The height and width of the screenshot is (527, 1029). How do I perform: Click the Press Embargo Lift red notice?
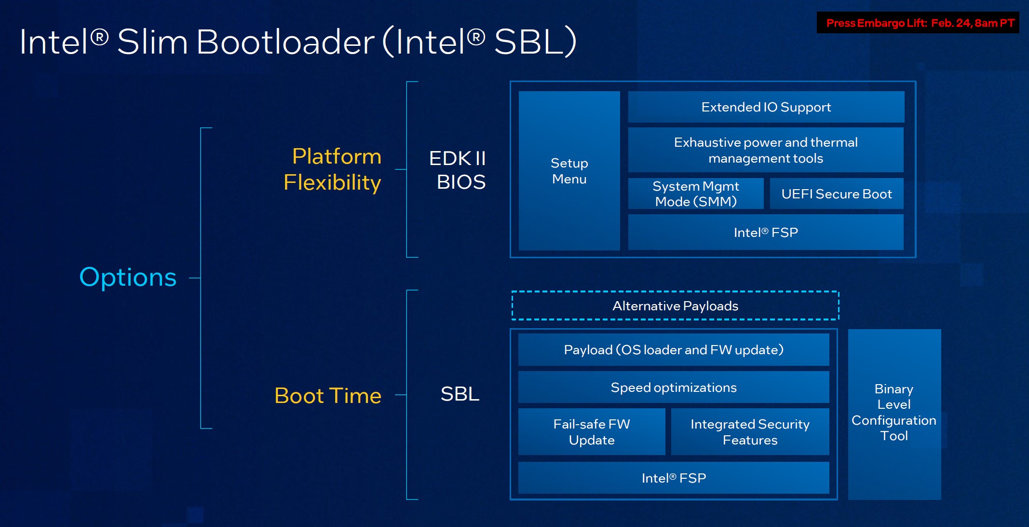[x=918, y=23]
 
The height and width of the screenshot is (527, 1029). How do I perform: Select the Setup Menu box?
[x=569, y=171]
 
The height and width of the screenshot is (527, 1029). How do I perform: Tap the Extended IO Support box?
[x=766, y=107]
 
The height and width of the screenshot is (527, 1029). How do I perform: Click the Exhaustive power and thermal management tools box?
[x=766, y=150]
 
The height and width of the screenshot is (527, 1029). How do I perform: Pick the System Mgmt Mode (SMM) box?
[x=696, y=194]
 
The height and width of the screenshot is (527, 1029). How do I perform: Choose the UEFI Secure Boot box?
[x=837, y=194]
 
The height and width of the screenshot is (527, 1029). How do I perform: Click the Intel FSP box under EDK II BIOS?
[x=766, y=232]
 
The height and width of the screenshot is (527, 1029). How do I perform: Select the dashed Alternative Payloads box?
[x=675, y=305]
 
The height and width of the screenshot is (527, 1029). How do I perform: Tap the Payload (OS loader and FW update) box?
[x=674, y=349]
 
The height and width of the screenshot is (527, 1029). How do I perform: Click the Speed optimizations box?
[x=674, y=387]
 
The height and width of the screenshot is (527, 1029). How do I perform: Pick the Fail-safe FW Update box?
[x=592, y=432]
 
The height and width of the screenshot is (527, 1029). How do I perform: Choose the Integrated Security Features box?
[x=750, y=432]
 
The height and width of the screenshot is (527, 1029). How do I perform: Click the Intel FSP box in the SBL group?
[x=674, y=478]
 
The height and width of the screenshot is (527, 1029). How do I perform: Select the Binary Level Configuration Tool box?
[x=894, y=413]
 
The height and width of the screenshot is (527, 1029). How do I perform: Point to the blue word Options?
[x=128, y=277]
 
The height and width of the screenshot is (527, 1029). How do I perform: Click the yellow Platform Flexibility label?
[x=333, y=169]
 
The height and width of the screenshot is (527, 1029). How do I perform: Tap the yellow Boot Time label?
[x=328, y=396]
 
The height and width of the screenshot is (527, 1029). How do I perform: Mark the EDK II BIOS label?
[x=458, y=170]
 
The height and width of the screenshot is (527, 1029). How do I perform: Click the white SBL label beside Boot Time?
[x=460, y=394]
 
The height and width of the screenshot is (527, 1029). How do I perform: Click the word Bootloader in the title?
[x=285, y=42]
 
